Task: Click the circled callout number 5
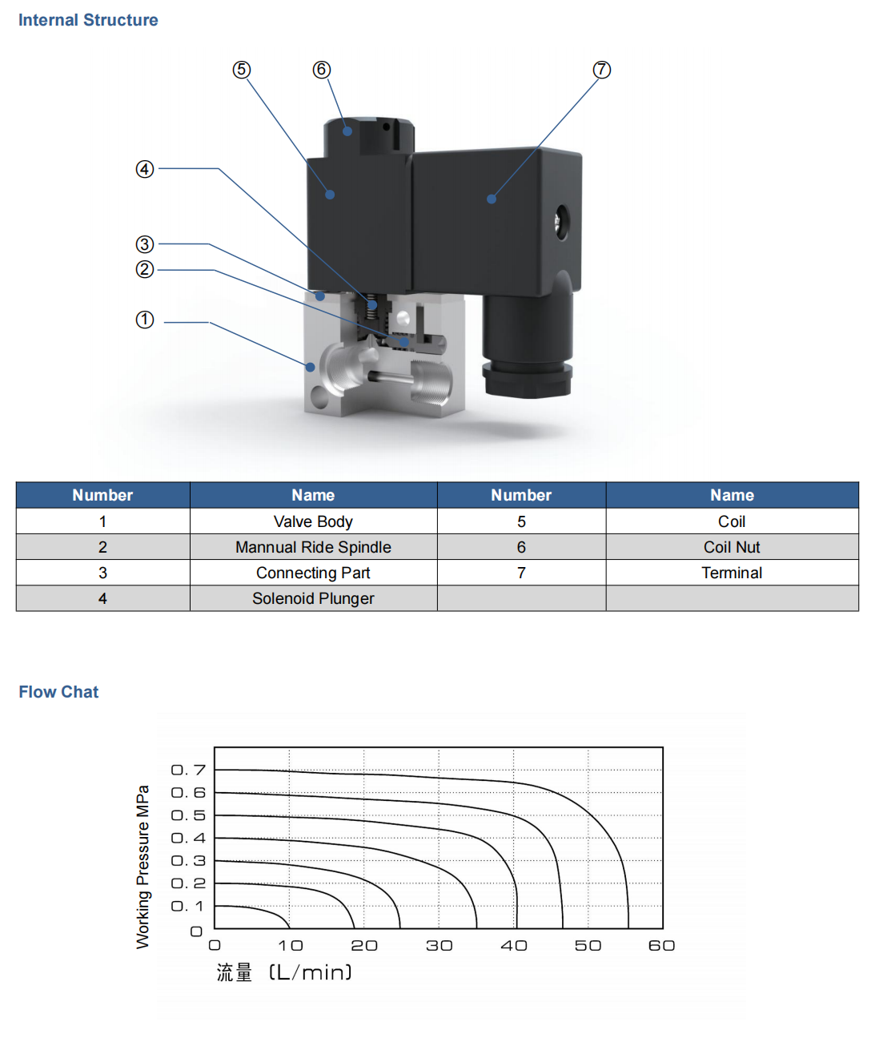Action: coord(241,70)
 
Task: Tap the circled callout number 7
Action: coord(601,70)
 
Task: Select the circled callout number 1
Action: coord(145,320)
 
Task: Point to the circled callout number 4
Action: coord(145,169)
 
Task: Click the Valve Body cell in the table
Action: coord(313,521)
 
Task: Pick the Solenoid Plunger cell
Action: coord(313,598)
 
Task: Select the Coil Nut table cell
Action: coord(732,547)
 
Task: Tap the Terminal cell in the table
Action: coord(732,573)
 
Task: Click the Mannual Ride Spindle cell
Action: coord(313,547)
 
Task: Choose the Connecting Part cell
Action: coord(313,573)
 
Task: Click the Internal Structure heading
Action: coord(88,20)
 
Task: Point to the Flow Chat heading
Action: coord(58,692)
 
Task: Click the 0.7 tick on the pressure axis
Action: coord(189,770)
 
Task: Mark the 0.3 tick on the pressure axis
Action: coord(189,861)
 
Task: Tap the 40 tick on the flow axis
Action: coord(514,946)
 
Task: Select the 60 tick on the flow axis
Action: coord(662,946)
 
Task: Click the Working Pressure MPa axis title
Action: coord(142,867)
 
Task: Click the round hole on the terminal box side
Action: coord(561,221)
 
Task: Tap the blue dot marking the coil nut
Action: coord(347,131)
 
